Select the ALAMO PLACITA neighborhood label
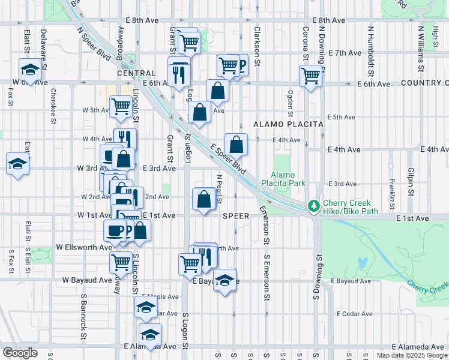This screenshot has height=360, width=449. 288,124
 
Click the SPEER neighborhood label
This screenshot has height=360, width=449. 235,215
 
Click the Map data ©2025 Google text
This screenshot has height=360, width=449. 412,355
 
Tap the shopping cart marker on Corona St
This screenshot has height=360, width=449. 310,76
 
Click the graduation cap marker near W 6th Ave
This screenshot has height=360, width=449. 29,70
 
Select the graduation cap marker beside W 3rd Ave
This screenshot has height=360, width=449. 17,163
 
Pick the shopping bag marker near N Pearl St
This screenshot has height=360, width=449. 204,199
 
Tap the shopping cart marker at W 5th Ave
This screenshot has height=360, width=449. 121,107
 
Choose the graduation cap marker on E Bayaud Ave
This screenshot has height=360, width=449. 225,280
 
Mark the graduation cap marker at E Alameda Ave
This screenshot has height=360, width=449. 150,334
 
